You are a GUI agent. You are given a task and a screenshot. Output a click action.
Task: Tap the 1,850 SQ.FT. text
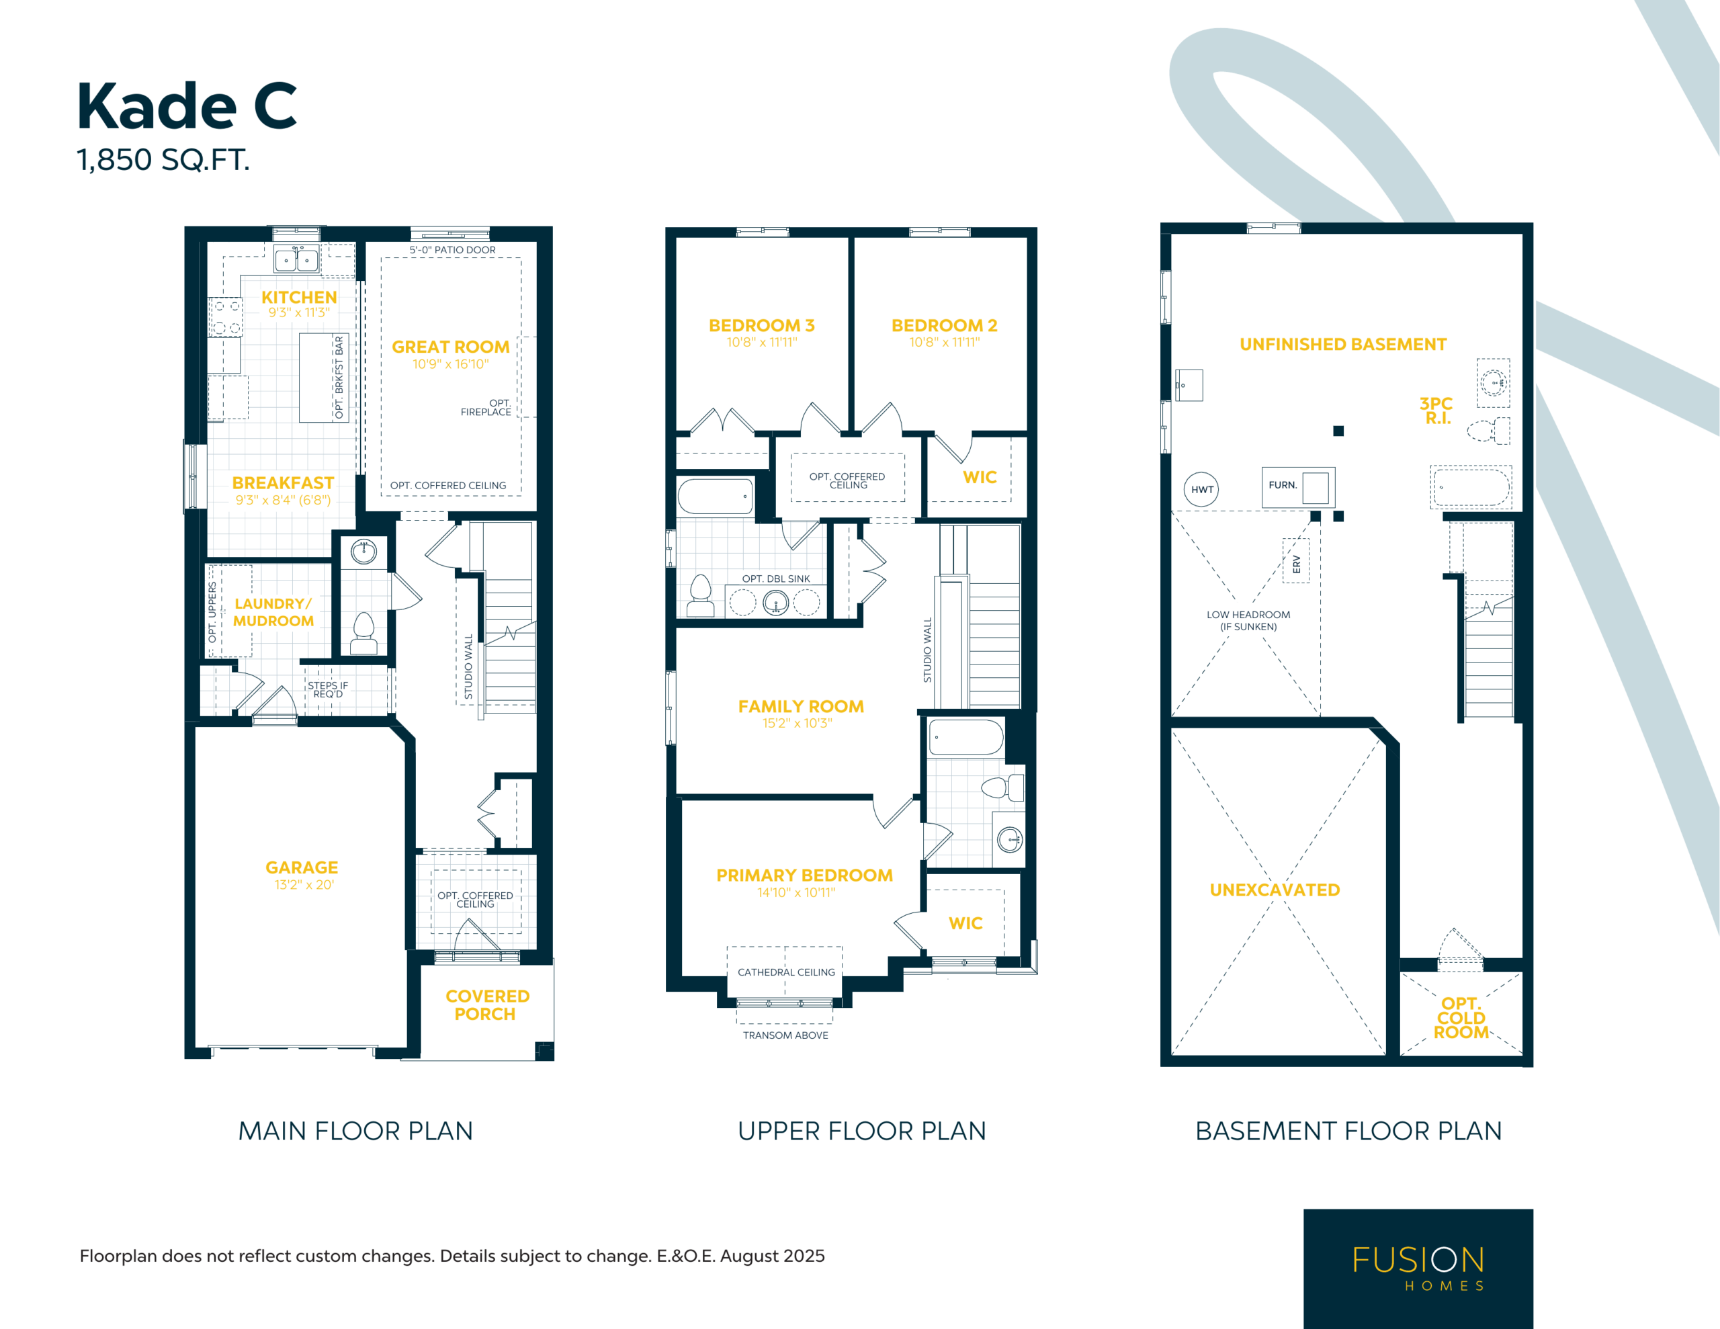[x=163, y=160]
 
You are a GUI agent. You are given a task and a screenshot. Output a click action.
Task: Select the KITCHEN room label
[x=299, y=297]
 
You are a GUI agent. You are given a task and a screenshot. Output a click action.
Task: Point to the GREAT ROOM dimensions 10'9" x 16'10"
[x=450, y=364]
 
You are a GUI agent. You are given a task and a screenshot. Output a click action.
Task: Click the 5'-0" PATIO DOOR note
[x=452, y=250]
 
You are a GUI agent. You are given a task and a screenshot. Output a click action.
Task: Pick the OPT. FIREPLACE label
[x=486, y=407]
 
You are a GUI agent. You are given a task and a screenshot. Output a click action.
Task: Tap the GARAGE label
[x=302, y=867]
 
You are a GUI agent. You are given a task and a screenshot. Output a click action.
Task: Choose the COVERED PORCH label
[x=488, y=1005]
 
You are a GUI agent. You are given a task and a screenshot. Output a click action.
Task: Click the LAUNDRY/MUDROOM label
[x=273, y=612]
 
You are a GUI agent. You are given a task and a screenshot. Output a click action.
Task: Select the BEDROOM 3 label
[x=761, y=325]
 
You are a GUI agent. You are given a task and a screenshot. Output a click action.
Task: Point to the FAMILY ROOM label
[x=801, y=707]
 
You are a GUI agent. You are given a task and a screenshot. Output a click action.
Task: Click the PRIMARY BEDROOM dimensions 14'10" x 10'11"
[x=796, y=892]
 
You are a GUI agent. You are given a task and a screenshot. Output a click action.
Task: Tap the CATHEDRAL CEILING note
[x=786, y=972]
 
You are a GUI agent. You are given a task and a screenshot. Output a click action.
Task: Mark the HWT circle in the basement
[x=1202, y=489]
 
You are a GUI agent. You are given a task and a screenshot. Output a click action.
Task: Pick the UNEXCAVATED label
[x=1275, y=890]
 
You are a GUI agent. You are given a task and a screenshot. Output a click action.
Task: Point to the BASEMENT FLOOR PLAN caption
[x=1348, y=1131]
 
